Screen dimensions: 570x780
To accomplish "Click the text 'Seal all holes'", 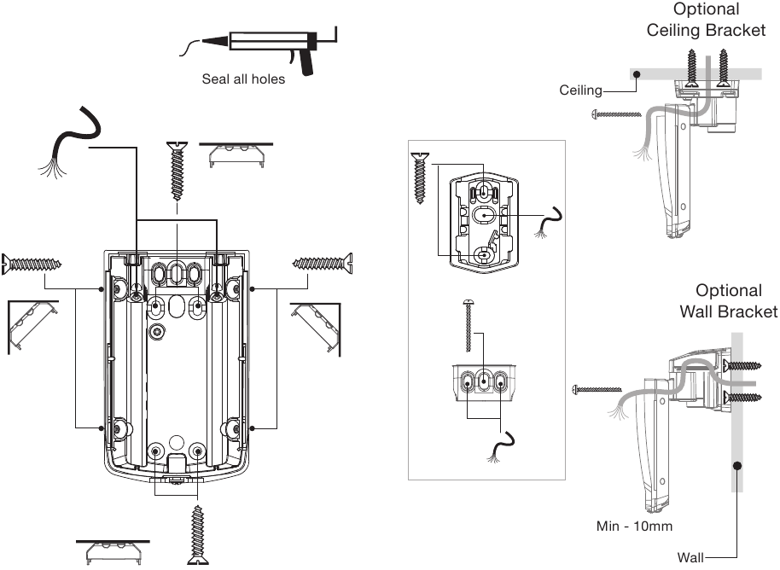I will (x=243, y=79).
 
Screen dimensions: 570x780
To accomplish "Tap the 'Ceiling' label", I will (x=580, y=90).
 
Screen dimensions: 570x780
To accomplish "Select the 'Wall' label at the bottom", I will (x=690, y=558).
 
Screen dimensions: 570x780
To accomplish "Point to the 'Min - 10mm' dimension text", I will (x=634, y=526).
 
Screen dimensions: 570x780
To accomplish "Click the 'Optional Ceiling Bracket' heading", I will (x=706, y=20).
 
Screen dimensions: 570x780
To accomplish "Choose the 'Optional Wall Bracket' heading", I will (x=728, y=301).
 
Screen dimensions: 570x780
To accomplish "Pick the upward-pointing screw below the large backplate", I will (x=198, y=533).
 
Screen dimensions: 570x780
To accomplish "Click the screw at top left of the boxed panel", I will (x=420, y=177).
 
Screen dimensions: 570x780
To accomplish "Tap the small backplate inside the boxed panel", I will (x=483, y=220).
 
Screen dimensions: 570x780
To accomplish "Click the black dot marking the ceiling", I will (x=636, y=75).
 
